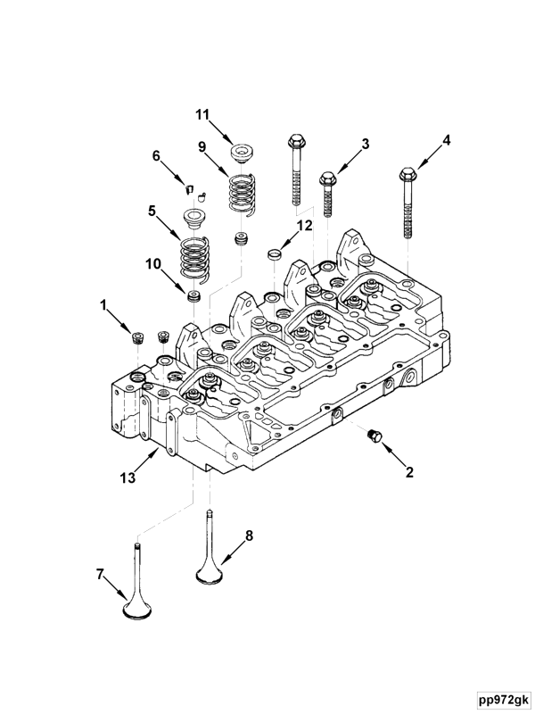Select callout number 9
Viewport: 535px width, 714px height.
[x=202, y=146]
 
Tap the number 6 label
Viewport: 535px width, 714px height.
[x=157, y=155]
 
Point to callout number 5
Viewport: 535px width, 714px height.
[x=152, y=212]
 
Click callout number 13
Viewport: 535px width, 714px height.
[x=128, y=477]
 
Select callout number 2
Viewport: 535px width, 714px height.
[x=410, y=473]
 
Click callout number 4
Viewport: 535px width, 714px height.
[x=447, y=139]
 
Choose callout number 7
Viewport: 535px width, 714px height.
[x=100, y=575]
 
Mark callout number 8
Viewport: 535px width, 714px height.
[x=249, y=535]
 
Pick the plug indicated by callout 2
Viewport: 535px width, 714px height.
[x=374, y=435]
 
